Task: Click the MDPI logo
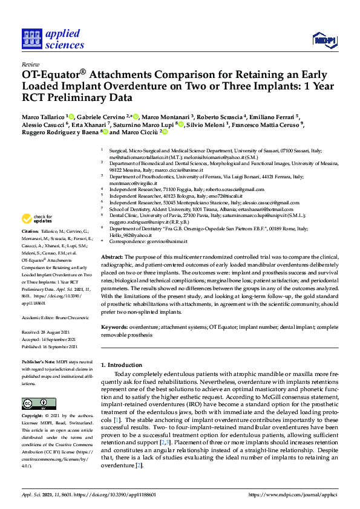[324, 39]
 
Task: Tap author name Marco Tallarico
[45, 117]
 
